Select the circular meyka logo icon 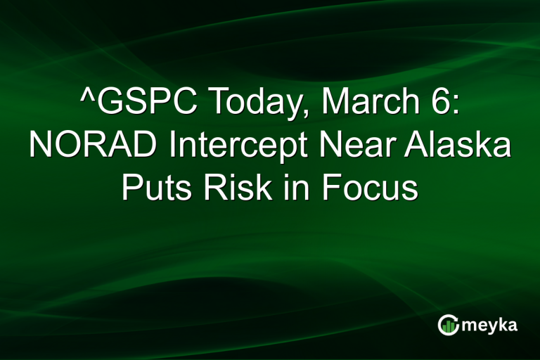click(x=449, y=324)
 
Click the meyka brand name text click(x=489, y=325)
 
